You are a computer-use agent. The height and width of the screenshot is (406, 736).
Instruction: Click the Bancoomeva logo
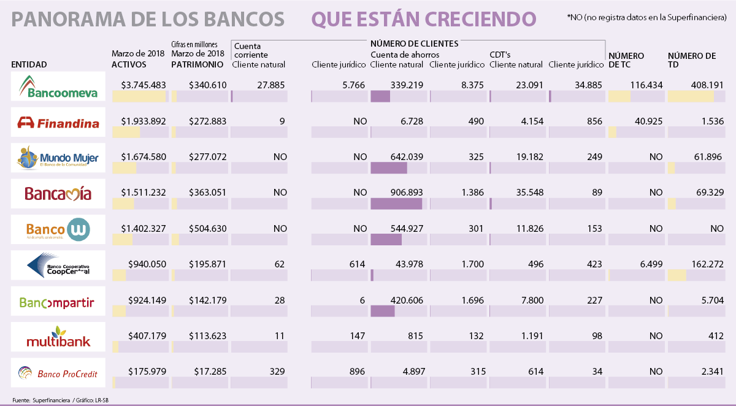[x=58, y=86]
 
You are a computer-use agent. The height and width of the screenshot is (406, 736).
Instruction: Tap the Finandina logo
[x=58, y=123]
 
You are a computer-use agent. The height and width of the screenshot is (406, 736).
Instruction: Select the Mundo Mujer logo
[x=58, y=158]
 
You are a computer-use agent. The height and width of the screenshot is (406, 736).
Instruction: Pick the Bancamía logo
[x=58, y=194]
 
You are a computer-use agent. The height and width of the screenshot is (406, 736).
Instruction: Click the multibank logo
[x=58, y=337]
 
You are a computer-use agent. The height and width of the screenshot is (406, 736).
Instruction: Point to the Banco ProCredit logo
[x=58, y=372]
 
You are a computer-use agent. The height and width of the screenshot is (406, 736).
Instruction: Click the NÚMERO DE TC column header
[x=626, y=60]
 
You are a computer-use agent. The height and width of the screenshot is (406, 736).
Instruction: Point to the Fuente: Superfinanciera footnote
[x=41, y=400]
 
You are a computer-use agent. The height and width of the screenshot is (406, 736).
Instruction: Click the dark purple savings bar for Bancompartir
[x=383, y=311]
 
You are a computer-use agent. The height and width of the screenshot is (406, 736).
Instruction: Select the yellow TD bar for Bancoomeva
[x=691, y=96]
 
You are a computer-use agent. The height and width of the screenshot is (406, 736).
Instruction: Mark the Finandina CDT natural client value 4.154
[x=530, y=121]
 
